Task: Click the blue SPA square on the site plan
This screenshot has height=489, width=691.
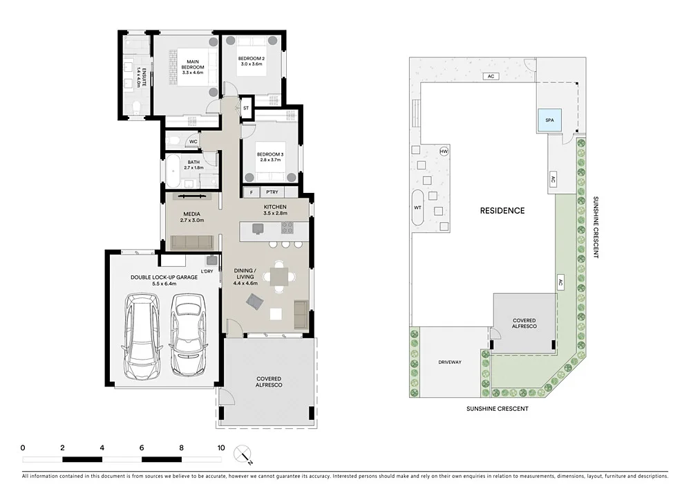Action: [x=550, y=120]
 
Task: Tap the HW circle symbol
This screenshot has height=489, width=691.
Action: [x=444, y=151]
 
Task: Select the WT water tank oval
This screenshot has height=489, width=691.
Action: [x=417, y=207]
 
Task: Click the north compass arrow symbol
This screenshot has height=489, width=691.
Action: [x=244, y=455]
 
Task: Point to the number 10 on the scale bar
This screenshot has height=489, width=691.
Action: [x=221, y=448]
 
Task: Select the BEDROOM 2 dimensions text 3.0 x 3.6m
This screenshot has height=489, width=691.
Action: [x=252, y=64]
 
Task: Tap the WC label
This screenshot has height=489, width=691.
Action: [x=193, y=141]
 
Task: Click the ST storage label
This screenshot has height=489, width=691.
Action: [x=245, y=109]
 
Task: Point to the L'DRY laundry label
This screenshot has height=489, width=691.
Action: [x=207, y=270]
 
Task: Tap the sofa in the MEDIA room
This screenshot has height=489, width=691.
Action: [x=191, y=241]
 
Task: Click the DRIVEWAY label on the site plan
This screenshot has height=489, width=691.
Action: [x=450, y=362]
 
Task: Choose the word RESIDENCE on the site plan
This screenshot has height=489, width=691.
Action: [x=502, y=210]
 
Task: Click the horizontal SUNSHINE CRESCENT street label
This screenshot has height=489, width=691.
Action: [x=497, y=409]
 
